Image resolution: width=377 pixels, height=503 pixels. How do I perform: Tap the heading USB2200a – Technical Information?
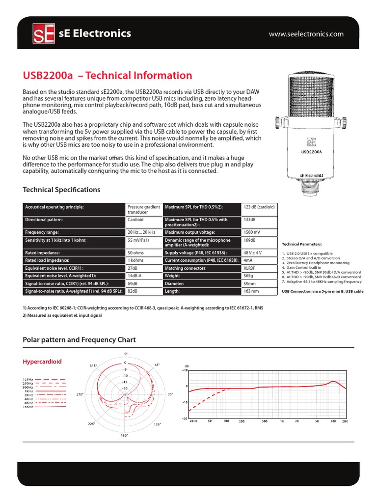click(108, 76)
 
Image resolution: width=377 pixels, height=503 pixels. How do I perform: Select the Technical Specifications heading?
click(61, 190)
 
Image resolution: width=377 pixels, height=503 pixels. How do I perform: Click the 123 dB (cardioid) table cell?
click(259, 207)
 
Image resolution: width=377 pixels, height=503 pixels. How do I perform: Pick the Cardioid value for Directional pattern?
click(136, 220)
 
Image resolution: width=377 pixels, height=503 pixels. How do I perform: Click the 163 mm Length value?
click(251, 291)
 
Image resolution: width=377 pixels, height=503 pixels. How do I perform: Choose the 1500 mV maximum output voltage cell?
click(252, 232)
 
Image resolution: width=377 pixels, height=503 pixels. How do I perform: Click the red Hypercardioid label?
click(43, 362)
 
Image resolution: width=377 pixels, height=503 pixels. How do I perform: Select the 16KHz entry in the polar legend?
click(27, 407)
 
